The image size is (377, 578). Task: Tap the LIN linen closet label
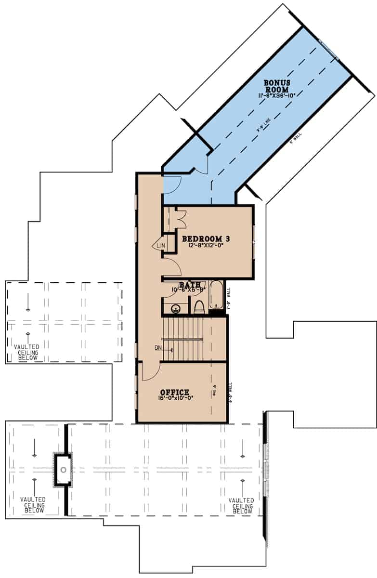pyautogui.click(x=161, y=246)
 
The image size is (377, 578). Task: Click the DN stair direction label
pyautogui.click(x=158, y=347)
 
